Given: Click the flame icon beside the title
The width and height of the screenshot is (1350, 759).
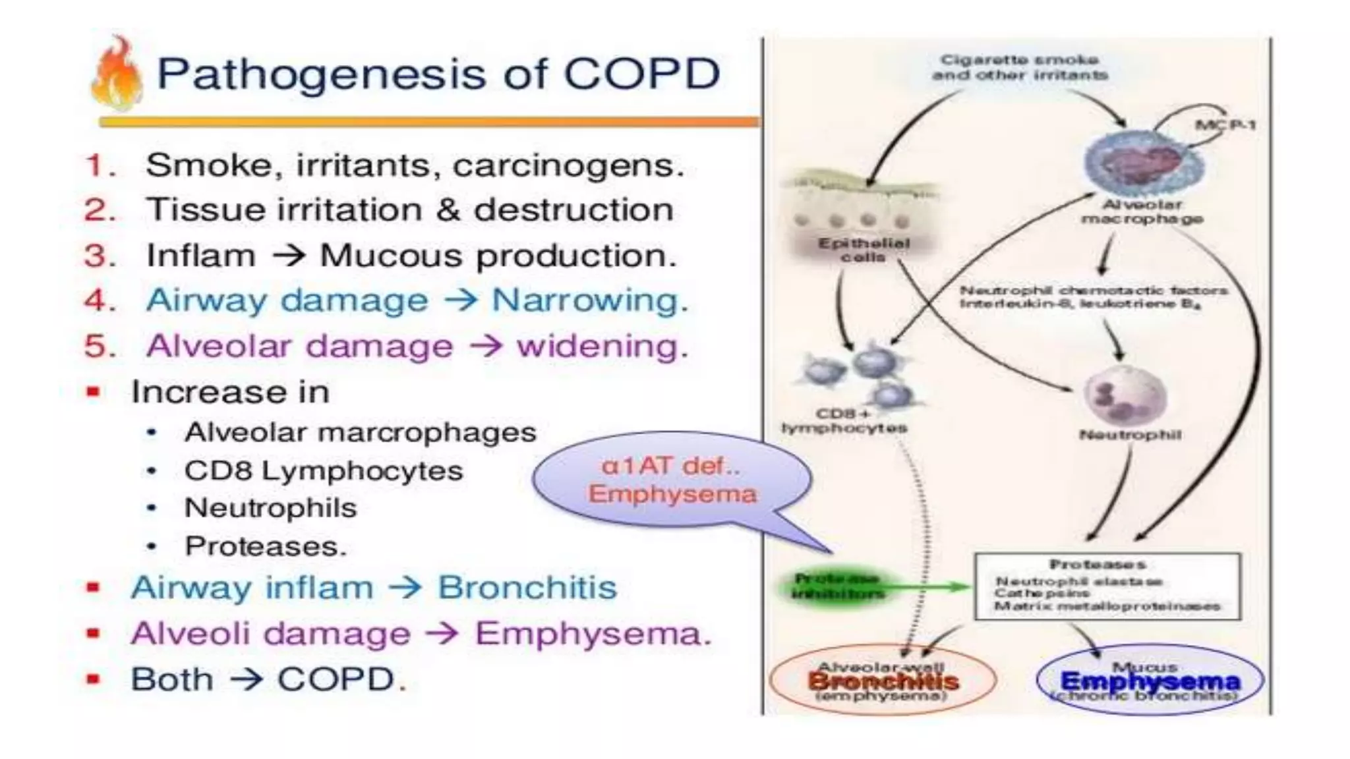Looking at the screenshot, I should pos(117,74).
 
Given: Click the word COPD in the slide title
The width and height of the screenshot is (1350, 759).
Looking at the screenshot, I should pos(641,74).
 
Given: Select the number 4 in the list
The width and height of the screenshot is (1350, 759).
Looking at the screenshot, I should pos(99,301).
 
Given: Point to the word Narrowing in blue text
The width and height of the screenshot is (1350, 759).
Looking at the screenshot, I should pos(589,301).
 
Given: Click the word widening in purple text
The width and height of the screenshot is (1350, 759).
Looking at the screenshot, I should pos(602,347).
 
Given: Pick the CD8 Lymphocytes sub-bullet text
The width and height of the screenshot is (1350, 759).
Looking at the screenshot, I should pos(324,471).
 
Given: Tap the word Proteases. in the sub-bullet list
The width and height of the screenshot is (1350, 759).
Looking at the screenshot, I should pos(265,546).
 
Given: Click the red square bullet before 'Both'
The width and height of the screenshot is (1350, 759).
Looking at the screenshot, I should pos(94,679).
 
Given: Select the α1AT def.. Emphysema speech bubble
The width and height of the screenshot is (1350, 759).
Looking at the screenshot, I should pos(672,480).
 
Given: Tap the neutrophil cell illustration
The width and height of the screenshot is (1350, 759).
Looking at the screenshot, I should pos(1125,395).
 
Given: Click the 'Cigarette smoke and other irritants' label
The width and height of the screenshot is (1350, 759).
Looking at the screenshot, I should pos(1019,67).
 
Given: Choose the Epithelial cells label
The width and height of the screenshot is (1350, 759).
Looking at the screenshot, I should pos(864,250).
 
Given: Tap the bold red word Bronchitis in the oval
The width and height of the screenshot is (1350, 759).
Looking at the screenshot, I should pos(883,681).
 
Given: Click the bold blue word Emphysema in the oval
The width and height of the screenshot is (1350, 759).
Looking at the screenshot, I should pos(1150,681).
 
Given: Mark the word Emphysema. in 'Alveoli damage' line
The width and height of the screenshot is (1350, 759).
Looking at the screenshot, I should pos(593,634).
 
